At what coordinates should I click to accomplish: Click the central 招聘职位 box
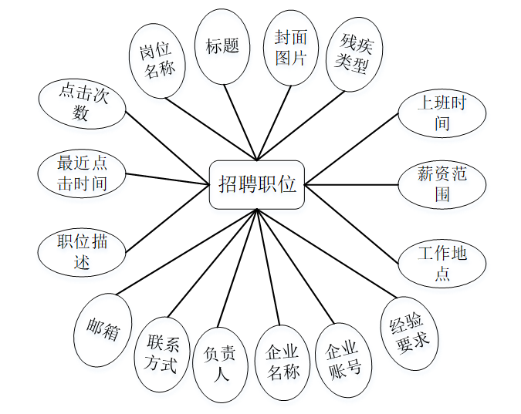click(257, 184)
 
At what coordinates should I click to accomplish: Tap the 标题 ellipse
click(222, 45)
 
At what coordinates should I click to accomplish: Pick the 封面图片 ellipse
click(291, 47)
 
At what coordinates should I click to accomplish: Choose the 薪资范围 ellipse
click(441, 184)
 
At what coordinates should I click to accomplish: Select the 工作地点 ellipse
click(441, 262)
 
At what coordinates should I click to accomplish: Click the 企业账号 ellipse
click(344, 359)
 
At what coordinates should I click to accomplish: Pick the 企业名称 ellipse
click(282, 362)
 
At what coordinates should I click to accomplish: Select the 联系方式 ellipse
click(162, 355)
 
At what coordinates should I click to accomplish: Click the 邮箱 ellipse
click(107, 330)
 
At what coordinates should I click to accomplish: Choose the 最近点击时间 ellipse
click(82, 173)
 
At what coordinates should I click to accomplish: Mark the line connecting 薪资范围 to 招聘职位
click(351, 185)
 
